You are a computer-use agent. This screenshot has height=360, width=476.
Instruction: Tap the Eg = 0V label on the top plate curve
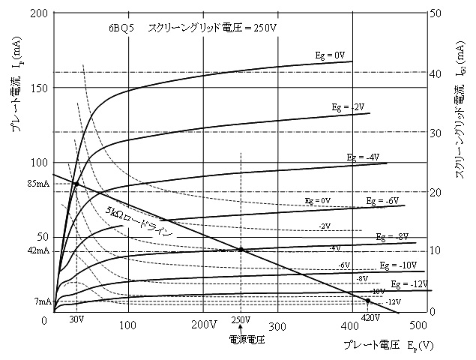pyautogui.click(x=330, y=55)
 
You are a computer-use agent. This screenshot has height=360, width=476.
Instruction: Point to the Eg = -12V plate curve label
pyautogui.click(x=410, y=284)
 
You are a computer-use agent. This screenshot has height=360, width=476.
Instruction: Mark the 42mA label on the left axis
pyautogui.click(x=37, y=250)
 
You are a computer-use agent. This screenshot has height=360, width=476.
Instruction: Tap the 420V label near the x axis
pyautogui.click(x=370, y=318)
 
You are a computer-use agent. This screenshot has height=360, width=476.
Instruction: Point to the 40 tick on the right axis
pyautogui.click(x=439, y=72)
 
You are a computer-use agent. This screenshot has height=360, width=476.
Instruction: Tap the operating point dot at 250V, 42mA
pyautogui.click(x=241, y=250)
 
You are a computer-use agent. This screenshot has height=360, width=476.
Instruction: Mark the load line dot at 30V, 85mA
pyautogui.click(x=76, y=184)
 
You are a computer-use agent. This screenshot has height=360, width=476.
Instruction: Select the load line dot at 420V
pyautogui.click(x=367, y=301)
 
